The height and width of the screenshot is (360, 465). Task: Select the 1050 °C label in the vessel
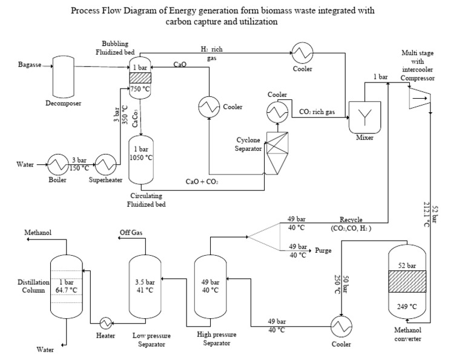(141, 158)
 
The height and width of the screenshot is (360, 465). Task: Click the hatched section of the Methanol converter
(407, 283)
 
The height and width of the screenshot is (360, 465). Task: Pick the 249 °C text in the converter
(407, 307)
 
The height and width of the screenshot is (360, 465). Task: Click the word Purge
(323, 250)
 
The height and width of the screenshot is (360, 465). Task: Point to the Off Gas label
(130, 233)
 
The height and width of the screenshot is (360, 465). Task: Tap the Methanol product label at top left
(37, 233)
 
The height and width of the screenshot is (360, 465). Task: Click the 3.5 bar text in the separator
(144, 281)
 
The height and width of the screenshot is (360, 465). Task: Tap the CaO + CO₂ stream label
(202, 181)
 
